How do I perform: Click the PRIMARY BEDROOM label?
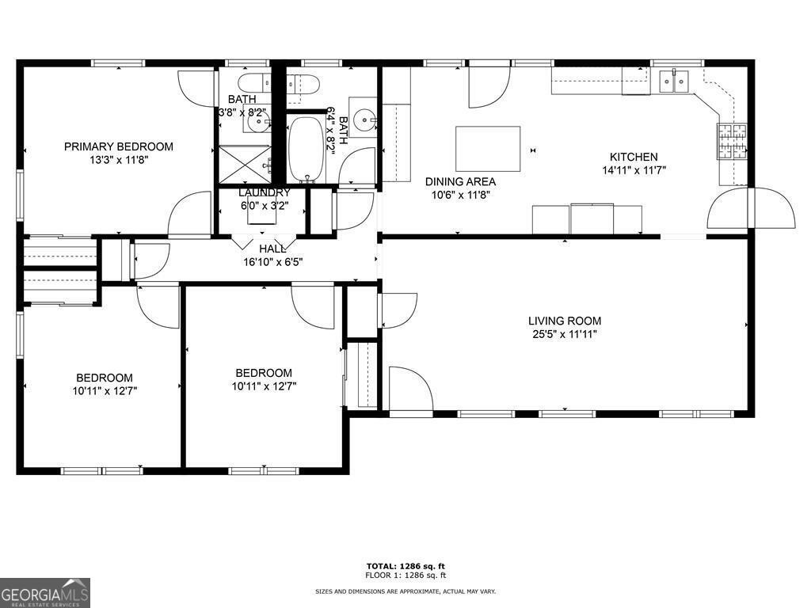(118, 146)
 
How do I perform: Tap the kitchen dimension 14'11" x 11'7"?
(633, 170)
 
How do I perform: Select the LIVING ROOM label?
(565, 321)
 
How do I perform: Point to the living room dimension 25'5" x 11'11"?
(565, 334)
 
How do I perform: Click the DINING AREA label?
(460, 181)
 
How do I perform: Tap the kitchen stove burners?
(732, 140)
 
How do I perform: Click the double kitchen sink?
(674, 80)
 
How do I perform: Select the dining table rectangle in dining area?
(488, 148)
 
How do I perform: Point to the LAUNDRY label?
(264, 192)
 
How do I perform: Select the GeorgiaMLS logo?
(45, 593)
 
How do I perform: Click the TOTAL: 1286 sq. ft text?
(405, 565)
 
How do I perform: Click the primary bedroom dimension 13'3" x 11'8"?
(118, 159)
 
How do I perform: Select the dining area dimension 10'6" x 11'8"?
(460, 195)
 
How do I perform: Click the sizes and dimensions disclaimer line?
(405, 591)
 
